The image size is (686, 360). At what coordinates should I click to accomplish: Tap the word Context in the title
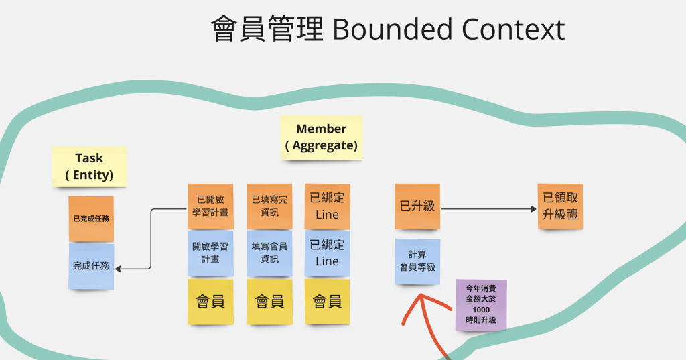pyautogui.click(x=514, y=29)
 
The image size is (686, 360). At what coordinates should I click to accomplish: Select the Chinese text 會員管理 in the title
pyautogui.click(x=267, y=29)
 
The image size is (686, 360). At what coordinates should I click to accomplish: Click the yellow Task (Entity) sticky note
pyautogui.click(x=89, y=167)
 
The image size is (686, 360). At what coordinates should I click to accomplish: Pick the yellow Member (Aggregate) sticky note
pyautogui.click(x=322, y=137)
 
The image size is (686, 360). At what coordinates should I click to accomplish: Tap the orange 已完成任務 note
pyautogui.click(x=91, y=219)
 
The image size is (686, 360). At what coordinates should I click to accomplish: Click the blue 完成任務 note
pyautogui.click(x=91, y=266)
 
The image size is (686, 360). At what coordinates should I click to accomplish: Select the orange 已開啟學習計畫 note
pyautogui.click(x=210, y=206)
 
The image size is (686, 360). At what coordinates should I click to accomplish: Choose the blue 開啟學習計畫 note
pyautogui.click(x=210, y=253)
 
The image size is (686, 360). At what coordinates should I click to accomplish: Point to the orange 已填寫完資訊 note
pyautogui.click(x=269, y=206)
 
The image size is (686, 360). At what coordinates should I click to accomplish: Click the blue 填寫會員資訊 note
pyautogui.click(x=269, y=253)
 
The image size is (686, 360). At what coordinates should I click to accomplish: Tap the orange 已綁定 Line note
pyautogui.click(x=327, y=206)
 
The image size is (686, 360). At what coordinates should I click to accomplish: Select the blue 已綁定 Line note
pyautogui.click(x=327, y=253)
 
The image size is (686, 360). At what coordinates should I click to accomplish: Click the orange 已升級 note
pyautogui.click(x=417, y=206)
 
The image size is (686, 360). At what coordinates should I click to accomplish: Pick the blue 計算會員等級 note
pyautogui.click(x=417, y=261)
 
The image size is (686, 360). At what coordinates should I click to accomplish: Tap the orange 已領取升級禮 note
pyautogui.click(x=560, y=206)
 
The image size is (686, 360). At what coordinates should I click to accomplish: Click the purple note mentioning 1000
pyautogui.click(x=481, y=305)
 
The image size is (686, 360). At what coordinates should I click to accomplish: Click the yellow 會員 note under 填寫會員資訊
pyautogui.click(x=269, y=302)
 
